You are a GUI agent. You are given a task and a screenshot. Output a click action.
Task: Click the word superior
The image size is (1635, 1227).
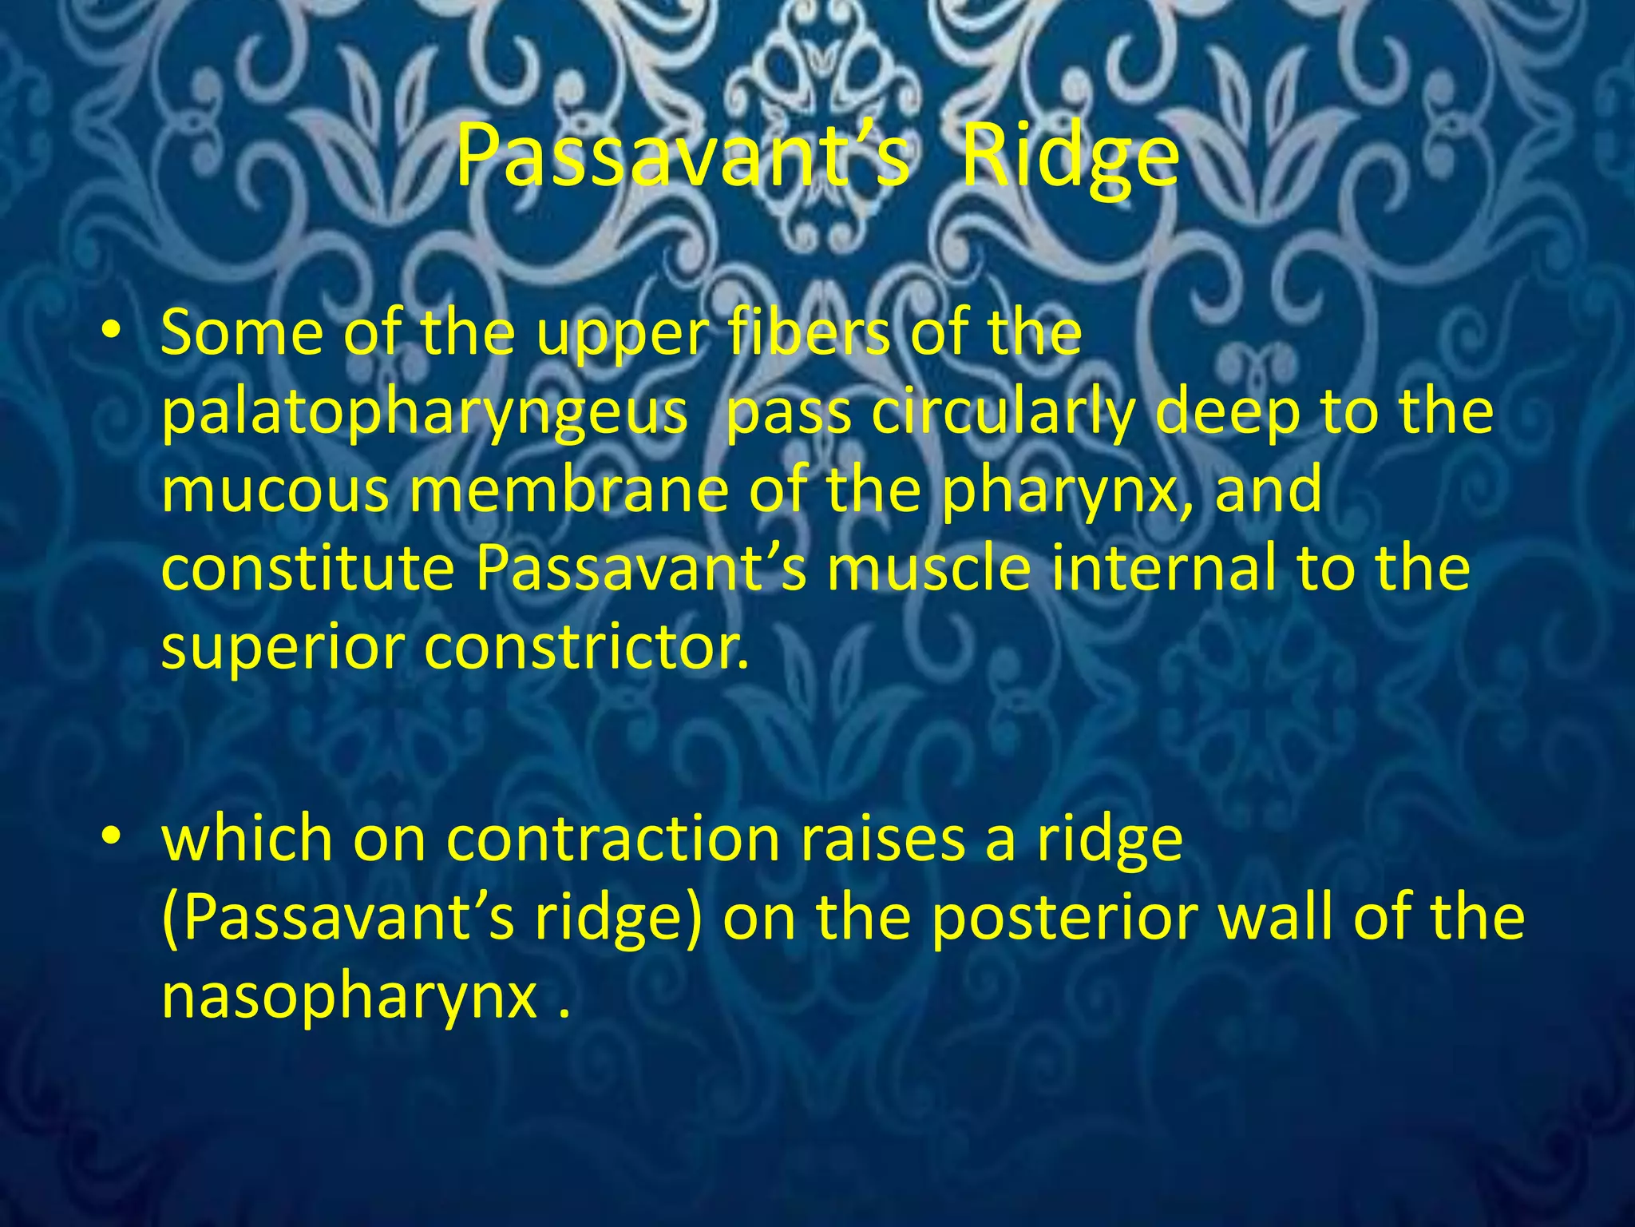[283, 649]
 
